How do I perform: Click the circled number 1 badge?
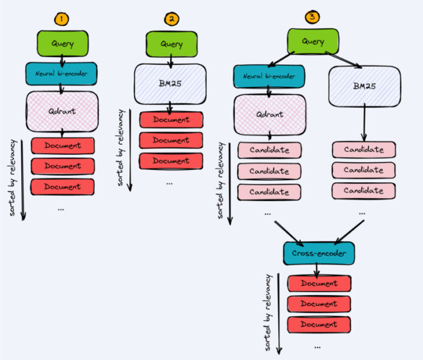pos(60,18)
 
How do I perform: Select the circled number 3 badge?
pos(312,16)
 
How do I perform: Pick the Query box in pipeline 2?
pos(171,44)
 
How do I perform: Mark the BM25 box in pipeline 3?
pos(364,85)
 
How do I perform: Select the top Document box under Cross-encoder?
pos(319,284)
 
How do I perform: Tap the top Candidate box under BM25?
pos(364,149)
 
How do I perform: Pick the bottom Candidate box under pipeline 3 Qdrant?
pos(269,191)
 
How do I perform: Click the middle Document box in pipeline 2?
pos(171,140)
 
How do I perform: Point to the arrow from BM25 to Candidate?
pos(364,123)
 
